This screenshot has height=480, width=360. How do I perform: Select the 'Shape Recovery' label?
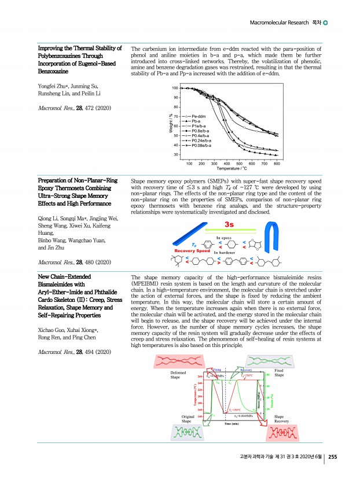click(282, 419)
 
